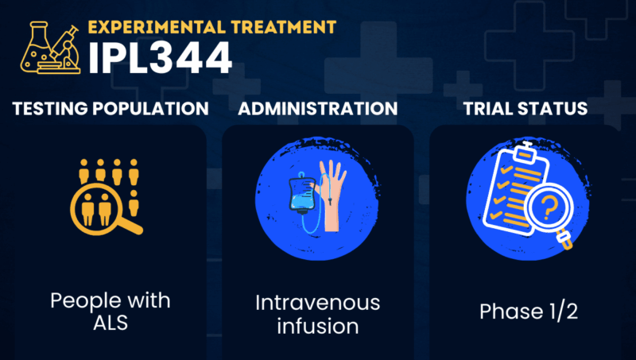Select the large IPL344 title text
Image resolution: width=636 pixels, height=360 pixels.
point(160,57)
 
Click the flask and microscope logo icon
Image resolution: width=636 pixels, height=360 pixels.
point(50,48)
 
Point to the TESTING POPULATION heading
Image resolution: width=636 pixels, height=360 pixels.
point(111,109)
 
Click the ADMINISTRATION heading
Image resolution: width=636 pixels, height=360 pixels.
point(317,109)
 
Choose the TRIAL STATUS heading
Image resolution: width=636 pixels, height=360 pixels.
point(525,109)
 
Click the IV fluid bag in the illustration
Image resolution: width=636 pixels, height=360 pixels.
point(302,193)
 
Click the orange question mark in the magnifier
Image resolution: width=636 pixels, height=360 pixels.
point(549,207)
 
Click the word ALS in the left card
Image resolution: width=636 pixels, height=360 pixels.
point(111,323)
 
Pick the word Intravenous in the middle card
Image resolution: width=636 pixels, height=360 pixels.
point(317,303)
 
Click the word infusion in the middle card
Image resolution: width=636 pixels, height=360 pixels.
point(317,327)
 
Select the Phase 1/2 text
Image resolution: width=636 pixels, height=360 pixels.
point(529,312)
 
